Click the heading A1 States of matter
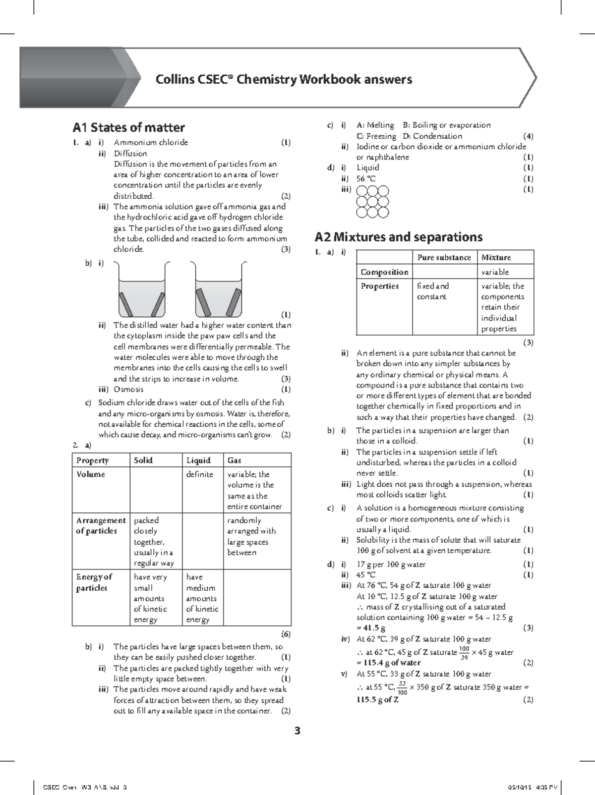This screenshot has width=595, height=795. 128,127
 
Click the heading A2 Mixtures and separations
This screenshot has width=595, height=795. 399,237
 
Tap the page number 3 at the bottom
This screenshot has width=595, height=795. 297,731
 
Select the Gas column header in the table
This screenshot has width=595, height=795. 234,460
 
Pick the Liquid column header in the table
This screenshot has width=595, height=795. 198,460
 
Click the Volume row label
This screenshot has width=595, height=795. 91,474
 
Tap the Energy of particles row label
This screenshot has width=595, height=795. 94,582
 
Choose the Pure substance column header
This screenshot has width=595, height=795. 444,257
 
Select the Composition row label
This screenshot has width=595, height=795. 384,272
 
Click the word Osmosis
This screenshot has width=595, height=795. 128,389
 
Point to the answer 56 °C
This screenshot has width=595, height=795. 366,178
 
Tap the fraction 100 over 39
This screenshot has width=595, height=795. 464,653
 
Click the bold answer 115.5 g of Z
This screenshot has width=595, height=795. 377,700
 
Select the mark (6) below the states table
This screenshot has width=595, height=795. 286,634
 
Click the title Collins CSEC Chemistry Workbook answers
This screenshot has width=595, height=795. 284,79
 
